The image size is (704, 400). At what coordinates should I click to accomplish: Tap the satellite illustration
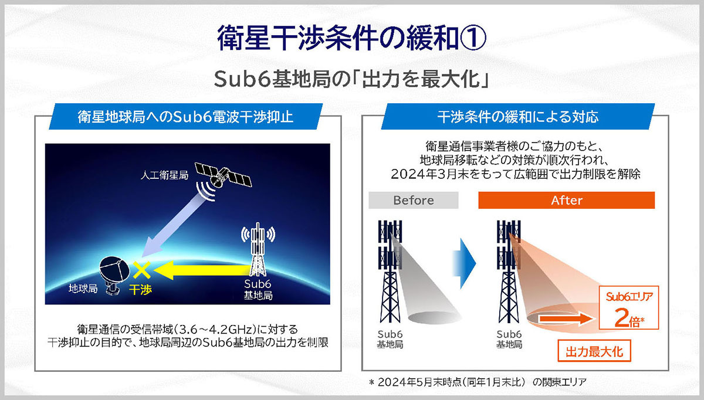click(x=224, y=176)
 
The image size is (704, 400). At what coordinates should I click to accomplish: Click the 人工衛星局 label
click(x=164, y=175)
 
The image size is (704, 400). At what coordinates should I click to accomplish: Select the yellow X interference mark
click(x=141, y=270)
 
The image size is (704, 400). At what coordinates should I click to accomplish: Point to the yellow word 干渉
click(x=140, y=289)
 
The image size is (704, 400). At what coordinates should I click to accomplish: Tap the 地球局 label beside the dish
click(x=83, y=289)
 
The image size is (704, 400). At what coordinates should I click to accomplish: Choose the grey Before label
click(x=413, y=200)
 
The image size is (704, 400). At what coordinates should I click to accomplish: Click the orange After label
click(x=566, y=200)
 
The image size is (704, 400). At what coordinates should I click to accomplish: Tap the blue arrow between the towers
click(x=464, y=263)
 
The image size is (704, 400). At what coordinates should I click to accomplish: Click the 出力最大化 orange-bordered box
click(x=594, y=351)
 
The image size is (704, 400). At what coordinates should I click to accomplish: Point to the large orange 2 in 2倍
click(x=621, y=317)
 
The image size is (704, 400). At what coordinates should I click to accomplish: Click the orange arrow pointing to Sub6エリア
click(x=566, y=319)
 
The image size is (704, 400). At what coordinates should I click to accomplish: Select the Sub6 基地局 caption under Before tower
click(x=390, y=340)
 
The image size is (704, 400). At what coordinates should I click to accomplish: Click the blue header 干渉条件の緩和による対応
click(x=518, y=117)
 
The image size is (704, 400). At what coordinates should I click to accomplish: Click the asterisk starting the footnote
click(x=372, y=382)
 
